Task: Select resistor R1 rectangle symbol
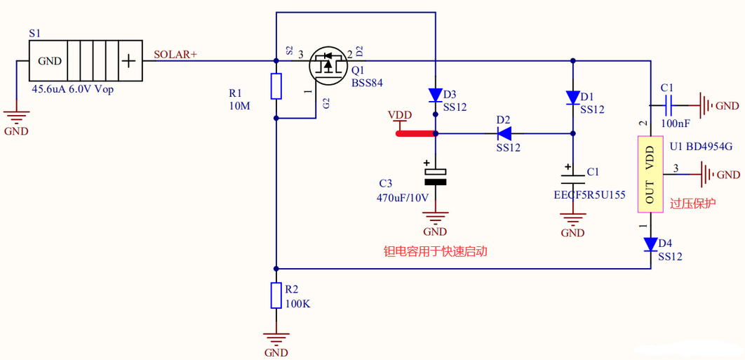point(277,86)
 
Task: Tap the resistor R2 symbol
point(277,295)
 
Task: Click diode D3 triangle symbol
point(435,95)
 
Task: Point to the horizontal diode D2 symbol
point(504,132)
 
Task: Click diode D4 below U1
point(650,244)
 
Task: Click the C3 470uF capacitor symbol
point(435,176)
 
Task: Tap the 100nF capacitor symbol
point(668,106)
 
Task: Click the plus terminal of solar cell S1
point(128,61)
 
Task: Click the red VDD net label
point(400,115)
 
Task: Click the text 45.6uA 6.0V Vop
point(72,90)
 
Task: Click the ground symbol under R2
point(277,338)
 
